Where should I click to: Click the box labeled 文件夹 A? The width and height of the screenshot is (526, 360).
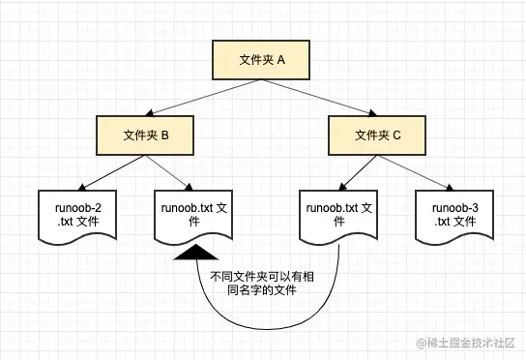[262, 60]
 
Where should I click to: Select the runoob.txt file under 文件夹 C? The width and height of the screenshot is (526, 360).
[337, 216]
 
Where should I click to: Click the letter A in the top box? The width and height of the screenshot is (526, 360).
[281, 60]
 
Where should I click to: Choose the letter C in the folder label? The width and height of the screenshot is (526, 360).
[396, 135]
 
